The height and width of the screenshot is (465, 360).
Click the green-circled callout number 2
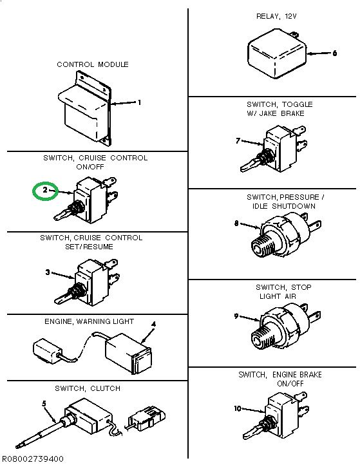pos(45,189)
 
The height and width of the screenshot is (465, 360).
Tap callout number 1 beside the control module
pos(139,102)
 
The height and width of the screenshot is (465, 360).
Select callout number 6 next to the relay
pos(334,53)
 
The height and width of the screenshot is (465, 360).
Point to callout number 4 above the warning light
pos(153,325)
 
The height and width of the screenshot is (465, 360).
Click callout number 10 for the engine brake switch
pos(238,408)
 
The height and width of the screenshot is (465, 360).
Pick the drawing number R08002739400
pos(33,459)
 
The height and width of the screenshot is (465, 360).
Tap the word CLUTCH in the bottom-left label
pos(105,388)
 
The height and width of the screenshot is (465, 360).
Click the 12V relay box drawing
pos(277,54)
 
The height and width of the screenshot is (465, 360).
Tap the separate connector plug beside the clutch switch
pos(146,418)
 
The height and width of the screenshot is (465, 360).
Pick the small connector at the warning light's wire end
pos(48,350)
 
